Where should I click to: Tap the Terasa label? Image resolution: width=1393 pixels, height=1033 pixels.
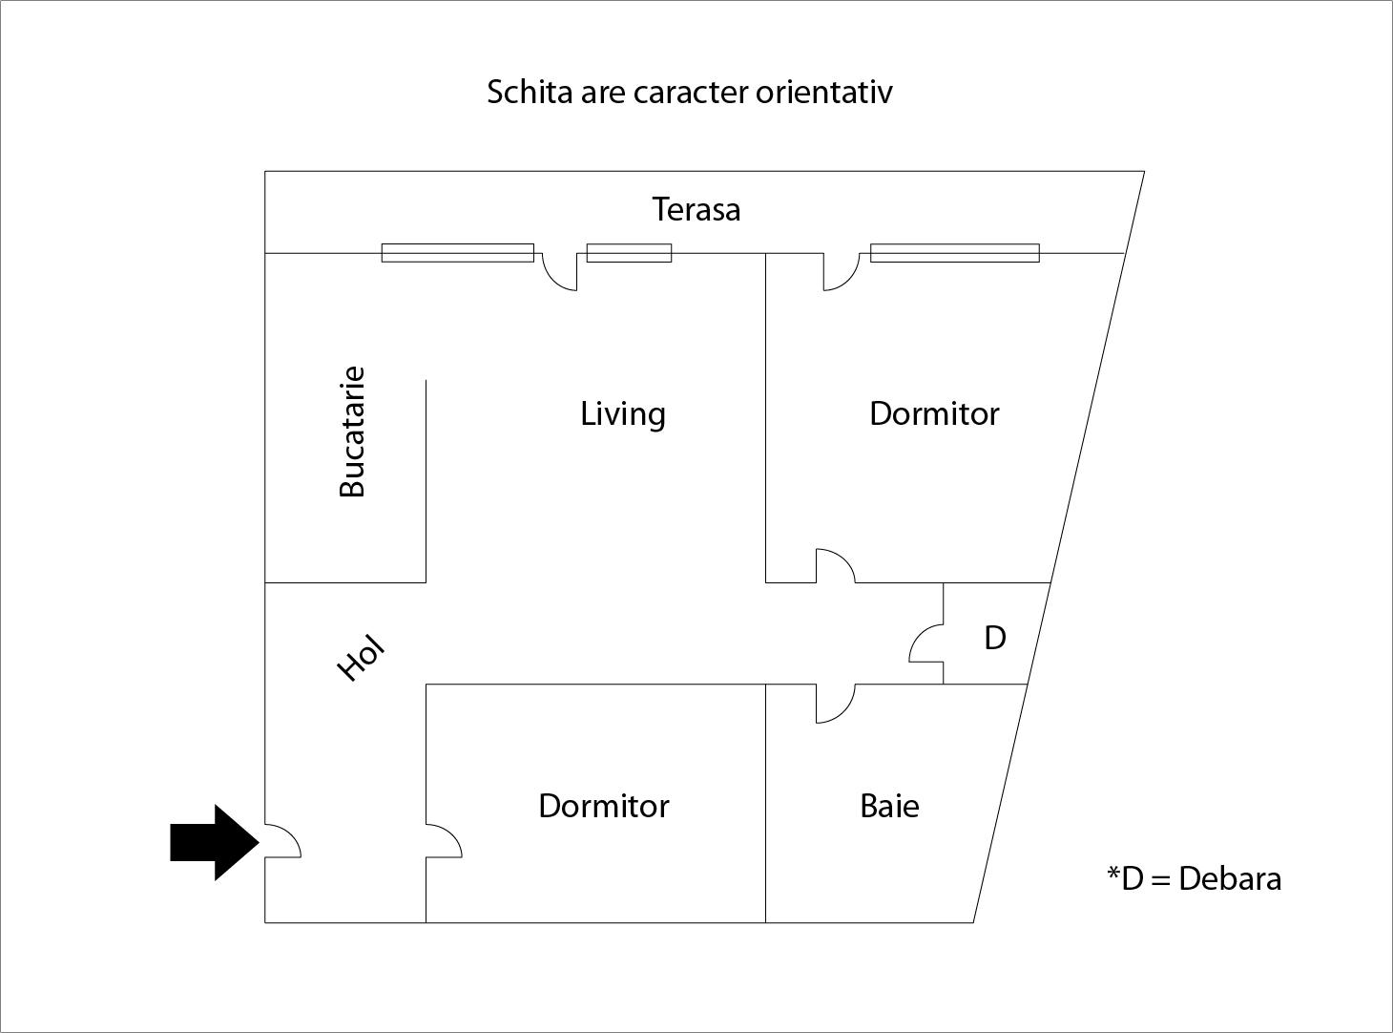pos(696,209)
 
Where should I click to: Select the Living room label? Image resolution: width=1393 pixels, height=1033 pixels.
pos(623,414)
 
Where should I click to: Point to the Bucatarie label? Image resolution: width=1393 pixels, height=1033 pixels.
pos(352,432)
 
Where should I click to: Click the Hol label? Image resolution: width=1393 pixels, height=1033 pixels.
pos(362,658)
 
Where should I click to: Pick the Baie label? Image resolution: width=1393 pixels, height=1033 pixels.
pos(889,806)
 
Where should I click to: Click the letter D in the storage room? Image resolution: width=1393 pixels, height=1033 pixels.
pos(994,638)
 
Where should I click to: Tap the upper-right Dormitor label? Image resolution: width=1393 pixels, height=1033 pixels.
pos(934,414)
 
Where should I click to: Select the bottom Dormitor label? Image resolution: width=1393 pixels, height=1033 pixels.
pos(604,806)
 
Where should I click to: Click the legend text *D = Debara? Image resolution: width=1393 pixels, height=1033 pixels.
pos(1194,878)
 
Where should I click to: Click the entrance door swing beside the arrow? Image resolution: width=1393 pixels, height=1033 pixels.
pos(282,841)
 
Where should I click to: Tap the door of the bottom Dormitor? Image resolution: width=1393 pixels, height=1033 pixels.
pos(443,841)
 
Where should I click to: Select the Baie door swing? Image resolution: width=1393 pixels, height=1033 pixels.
pos(834,704)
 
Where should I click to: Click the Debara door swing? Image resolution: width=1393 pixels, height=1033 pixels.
pos(925,643)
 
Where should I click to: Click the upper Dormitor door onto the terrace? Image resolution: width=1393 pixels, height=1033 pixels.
pos(840,271)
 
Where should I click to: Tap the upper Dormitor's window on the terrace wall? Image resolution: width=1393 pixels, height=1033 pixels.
pos(954,253)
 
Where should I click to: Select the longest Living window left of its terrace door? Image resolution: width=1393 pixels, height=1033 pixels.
pos(457,253)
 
